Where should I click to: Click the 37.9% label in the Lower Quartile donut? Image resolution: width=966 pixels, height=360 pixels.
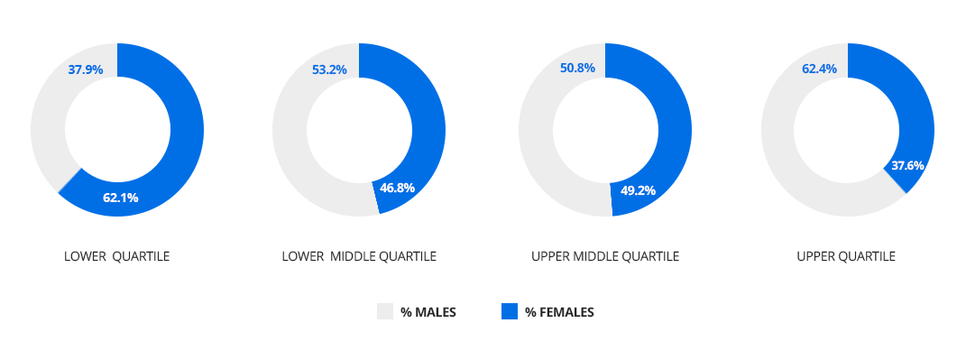pos(85,69)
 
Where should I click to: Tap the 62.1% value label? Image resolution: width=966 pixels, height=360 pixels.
pos(120,198)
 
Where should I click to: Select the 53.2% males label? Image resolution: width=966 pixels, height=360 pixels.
pos(329,69)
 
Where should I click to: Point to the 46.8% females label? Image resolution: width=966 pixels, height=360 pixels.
pos(397,188)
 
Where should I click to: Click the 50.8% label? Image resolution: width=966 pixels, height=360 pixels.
pos(577,68)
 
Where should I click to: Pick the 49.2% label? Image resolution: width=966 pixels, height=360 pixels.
pos(638,190)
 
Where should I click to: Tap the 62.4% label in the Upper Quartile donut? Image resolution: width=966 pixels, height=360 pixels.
pos(819,69)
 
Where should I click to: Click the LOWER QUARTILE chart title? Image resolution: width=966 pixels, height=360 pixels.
pos(116,256)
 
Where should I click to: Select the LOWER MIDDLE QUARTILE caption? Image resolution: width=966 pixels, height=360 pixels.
pos(359,256)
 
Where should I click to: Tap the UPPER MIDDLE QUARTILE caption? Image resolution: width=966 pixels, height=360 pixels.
pos(605,256)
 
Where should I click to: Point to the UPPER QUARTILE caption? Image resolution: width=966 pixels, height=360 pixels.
pos(846,256)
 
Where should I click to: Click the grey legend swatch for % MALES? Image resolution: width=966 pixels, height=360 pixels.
pos(385,312)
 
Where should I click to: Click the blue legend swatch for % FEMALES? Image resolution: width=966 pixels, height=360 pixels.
pos(510,312)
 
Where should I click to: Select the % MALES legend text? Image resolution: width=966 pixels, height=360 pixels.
pos(428,312)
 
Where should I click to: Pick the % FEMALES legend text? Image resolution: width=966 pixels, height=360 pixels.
pos(559,312)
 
